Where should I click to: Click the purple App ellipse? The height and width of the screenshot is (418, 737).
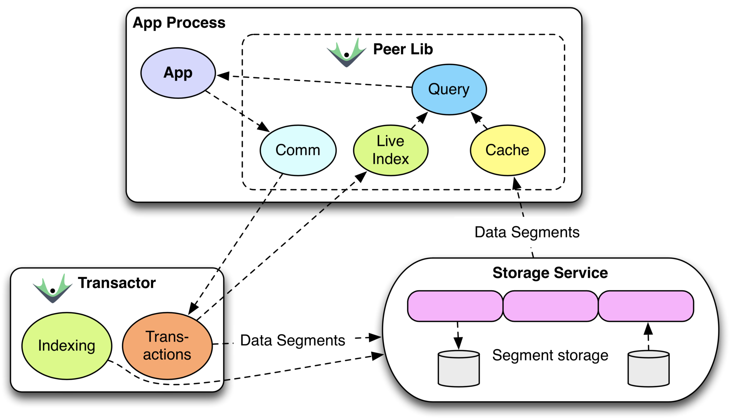178,73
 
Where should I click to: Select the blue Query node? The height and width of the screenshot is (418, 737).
449,89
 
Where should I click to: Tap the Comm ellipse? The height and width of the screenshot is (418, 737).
298,150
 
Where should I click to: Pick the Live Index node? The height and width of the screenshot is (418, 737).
390,150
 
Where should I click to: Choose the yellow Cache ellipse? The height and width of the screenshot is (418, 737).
507,150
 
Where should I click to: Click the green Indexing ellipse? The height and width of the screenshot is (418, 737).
67,346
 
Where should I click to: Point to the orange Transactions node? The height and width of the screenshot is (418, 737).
167,346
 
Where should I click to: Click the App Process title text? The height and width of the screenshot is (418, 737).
179,23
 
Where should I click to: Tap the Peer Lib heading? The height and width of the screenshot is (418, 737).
403,49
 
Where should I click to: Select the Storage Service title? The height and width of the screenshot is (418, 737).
550,273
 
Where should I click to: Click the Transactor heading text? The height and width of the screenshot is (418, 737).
117,283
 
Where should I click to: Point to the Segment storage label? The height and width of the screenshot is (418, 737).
550,355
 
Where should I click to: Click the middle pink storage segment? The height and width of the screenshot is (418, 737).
550,306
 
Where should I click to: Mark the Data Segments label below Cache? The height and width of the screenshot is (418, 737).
527,232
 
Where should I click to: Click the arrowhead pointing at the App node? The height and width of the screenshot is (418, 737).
223,76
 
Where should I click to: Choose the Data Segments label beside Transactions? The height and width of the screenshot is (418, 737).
292,340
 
